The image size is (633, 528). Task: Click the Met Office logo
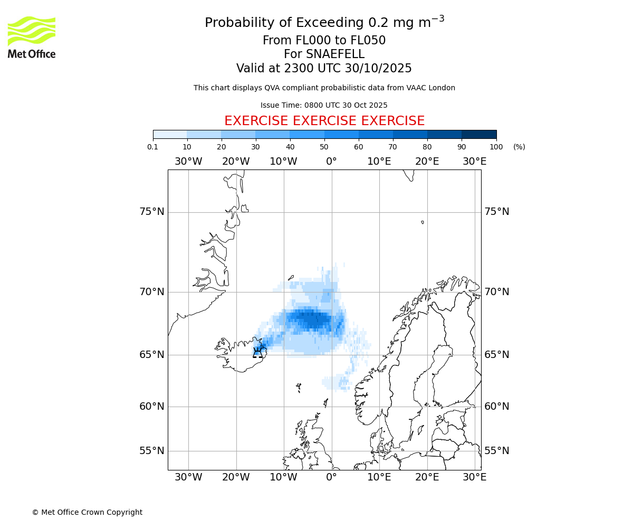click(32, 37)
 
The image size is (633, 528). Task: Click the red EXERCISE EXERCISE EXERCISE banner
click(324, 121)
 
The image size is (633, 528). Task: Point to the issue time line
click(324, 105)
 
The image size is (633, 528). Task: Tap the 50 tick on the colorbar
click(324, 147)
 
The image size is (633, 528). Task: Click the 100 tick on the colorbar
click(496, 147)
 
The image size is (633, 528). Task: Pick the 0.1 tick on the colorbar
click(153, 147)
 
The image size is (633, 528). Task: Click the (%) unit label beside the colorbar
click(519, 147)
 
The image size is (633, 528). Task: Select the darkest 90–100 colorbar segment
click(479, 134)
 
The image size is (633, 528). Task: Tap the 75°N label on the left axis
click(152, 212)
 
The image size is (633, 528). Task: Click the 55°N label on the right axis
click(497, 451)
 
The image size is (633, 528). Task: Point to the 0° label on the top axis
click(331, 162)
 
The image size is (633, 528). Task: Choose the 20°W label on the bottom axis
click(236, 477)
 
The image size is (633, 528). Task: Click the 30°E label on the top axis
click(475, 162)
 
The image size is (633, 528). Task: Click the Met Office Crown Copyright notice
click(87, 512)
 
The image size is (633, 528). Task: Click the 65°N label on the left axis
click(152, 355)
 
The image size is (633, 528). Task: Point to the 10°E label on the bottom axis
click(379, 477)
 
